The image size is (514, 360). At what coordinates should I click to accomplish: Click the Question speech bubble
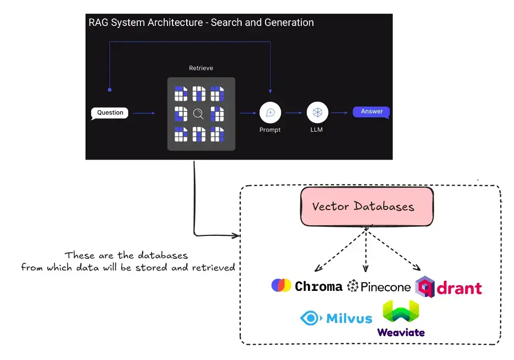[110, 113]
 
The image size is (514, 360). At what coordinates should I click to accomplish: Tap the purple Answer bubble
[372, 112]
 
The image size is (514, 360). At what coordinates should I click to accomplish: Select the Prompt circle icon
[270, 112]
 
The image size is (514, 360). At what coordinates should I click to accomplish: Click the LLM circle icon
[317, 112]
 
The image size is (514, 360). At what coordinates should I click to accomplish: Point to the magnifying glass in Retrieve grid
[198, 113]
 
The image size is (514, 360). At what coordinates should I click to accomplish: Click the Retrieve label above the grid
[201, 68]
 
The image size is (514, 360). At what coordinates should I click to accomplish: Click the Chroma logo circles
[281, 286]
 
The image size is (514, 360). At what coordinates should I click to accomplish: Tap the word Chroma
[319, 287]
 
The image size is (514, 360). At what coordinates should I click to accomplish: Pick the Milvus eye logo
[310, 319]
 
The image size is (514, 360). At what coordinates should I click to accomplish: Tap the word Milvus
[349, 319]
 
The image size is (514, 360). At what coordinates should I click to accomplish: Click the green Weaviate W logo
[401, 312]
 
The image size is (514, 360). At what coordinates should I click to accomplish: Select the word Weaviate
[401, 333]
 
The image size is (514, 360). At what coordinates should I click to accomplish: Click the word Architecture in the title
[175, 23]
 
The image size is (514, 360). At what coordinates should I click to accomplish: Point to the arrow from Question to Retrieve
[143, 113]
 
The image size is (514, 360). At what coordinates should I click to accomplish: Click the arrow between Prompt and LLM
[294, 113]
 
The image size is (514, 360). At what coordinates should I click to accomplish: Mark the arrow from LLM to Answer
[340, 113]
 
